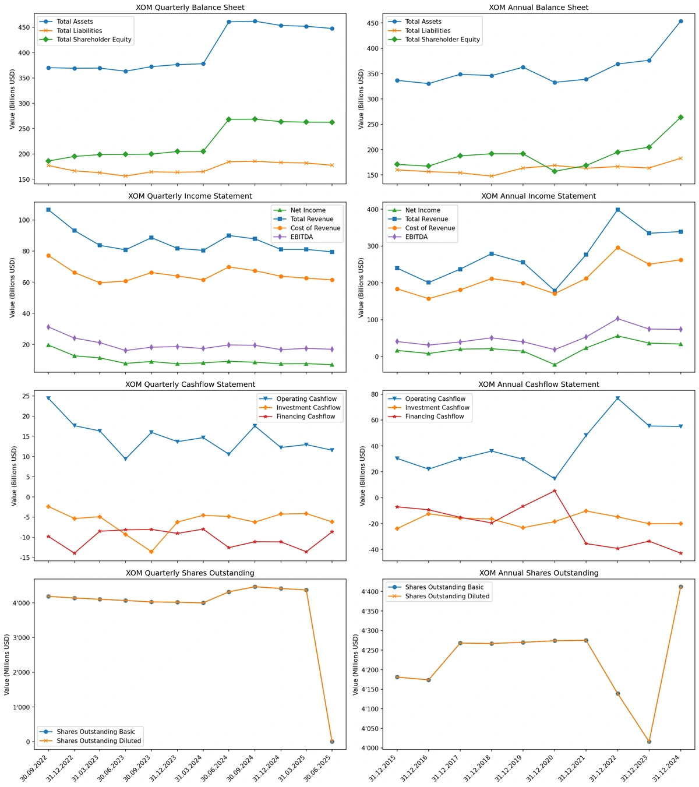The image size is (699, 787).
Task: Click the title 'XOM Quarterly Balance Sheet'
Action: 190,8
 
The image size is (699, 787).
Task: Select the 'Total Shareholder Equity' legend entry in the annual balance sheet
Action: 442,40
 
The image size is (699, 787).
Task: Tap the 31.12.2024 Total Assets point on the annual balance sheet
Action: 680,22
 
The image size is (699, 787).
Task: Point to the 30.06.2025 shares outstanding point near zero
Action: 332,742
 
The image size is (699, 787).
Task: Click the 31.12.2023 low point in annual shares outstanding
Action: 649,742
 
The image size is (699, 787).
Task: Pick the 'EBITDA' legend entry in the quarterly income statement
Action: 302,237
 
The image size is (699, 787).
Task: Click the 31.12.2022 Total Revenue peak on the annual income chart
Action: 617,210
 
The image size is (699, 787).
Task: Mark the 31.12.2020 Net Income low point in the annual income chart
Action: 555,365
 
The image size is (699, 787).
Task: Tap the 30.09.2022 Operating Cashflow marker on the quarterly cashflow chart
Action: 48,398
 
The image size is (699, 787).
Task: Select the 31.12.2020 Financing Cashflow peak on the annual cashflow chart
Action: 555,490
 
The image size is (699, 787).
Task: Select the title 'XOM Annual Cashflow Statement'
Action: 538,384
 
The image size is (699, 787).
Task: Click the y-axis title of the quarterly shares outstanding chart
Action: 7,665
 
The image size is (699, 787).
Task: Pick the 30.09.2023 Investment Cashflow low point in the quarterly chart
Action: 151,552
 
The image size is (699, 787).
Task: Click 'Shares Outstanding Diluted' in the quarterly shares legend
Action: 98,741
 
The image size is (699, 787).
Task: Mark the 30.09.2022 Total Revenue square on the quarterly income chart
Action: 48,210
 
